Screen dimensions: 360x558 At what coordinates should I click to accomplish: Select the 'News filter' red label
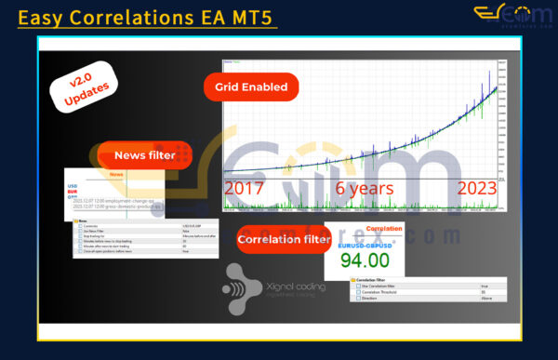pyautogui.click(x=144, y=155)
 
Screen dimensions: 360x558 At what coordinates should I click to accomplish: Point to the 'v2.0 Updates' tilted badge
pyautogui.click(x=83, y=88)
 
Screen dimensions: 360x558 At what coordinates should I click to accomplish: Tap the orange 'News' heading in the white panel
pyautogui.click(x=115, y=175)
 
